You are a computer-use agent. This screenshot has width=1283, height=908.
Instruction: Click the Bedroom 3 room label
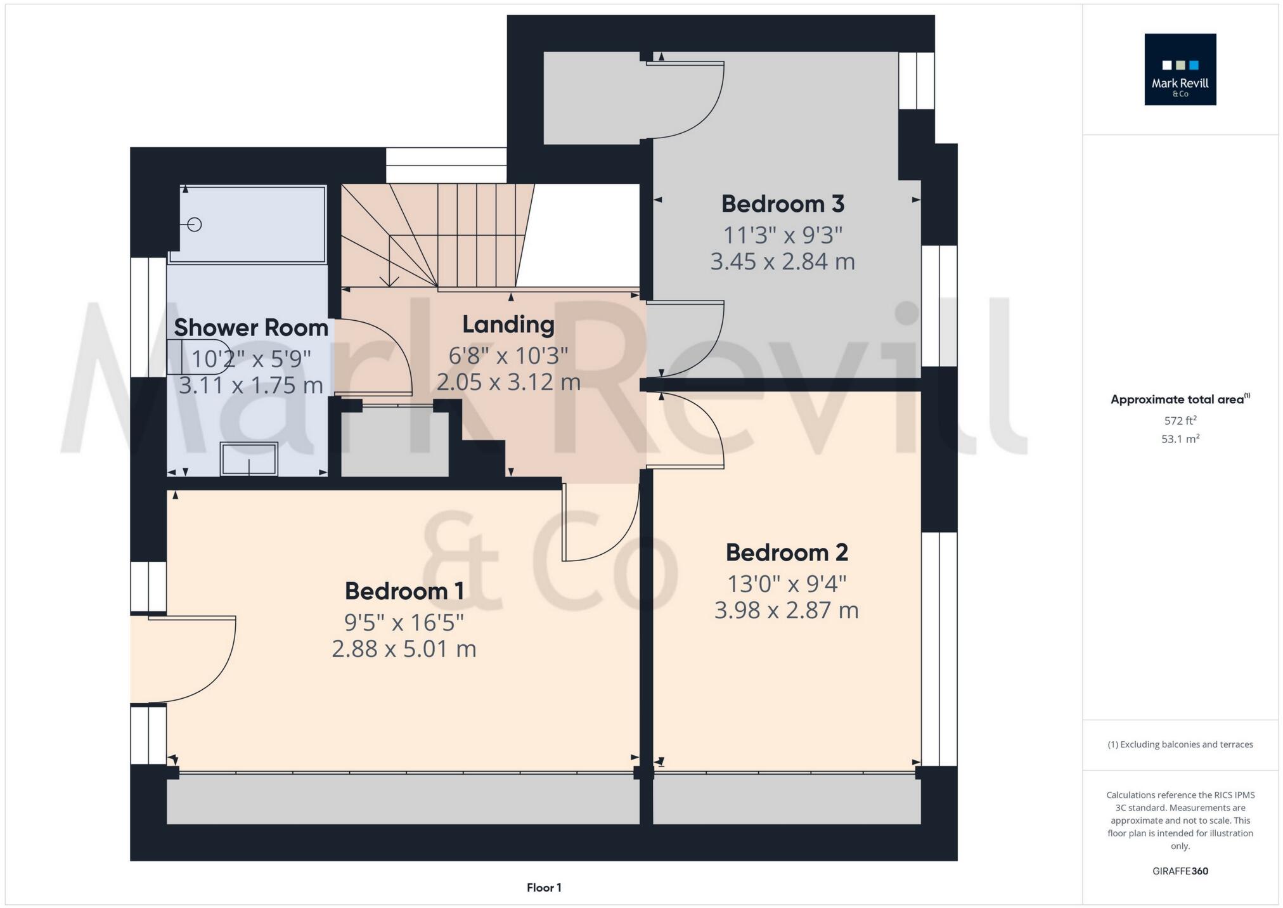click(782, 204)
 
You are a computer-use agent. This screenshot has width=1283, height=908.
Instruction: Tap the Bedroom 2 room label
click(786, 552)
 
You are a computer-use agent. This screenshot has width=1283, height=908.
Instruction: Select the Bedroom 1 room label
click(404, 591)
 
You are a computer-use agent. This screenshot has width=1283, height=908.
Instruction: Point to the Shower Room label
click(251, 328)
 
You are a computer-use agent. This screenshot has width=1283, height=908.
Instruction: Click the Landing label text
click(508, 325)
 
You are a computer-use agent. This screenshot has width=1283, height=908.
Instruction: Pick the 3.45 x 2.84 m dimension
click(782, 261)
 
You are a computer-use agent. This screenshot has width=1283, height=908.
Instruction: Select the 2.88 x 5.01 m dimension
click(404, 649)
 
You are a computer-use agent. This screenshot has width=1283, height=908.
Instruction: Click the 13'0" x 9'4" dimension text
click(786, 583)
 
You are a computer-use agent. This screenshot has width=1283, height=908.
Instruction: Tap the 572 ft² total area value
click(1180, 420)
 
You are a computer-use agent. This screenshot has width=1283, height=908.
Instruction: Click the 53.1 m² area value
click(1180, 439)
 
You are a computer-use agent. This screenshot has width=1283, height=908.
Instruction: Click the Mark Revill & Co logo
click(1180, 69)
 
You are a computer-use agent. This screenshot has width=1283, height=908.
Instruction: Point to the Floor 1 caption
click(544, 888)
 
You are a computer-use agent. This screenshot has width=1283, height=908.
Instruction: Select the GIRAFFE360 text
click(1180, 871)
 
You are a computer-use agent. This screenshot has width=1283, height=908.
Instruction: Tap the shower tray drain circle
click(195, 224)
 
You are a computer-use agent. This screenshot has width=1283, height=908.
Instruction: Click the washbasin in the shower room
click(248, 458)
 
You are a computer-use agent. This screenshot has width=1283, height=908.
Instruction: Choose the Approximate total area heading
click(1180, 399)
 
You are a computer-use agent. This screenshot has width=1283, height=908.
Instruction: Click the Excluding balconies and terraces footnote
click(1180, 744)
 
